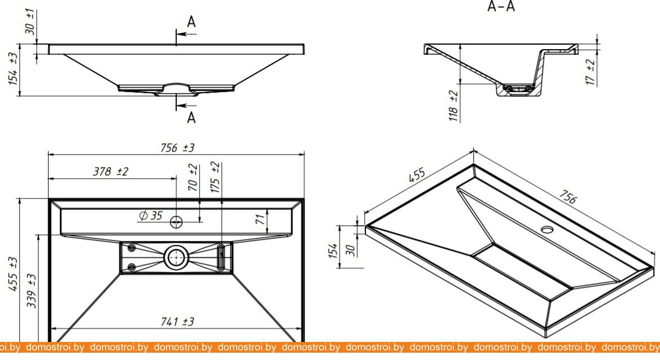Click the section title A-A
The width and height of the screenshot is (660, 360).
click(x=501, y=7)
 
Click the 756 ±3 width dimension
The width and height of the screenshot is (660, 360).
click(x=177, y=147)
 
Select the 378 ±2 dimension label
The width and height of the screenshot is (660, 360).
click(x=111, y=172)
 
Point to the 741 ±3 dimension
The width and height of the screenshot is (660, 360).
click(x=177, y=322)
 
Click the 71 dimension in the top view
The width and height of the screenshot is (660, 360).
click(x=261, y=220)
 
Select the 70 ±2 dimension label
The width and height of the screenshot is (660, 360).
click(x=193, y=176)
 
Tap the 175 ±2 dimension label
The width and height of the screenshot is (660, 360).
click(x=215, y=177)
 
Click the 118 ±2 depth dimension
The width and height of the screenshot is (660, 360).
click(x=452, y=106)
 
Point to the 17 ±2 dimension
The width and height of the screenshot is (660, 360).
click(x=591, y=72)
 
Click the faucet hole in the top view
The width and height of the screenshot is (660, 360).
click(x=177, y=222)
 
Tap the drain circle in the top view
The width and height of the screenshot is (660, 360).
click(x=177, y=257)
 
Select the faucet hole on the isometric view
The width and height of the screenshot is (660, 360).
click(x=547, y=229)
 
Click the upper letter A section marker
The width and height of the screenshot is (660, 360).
click(x=191, y=22)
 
